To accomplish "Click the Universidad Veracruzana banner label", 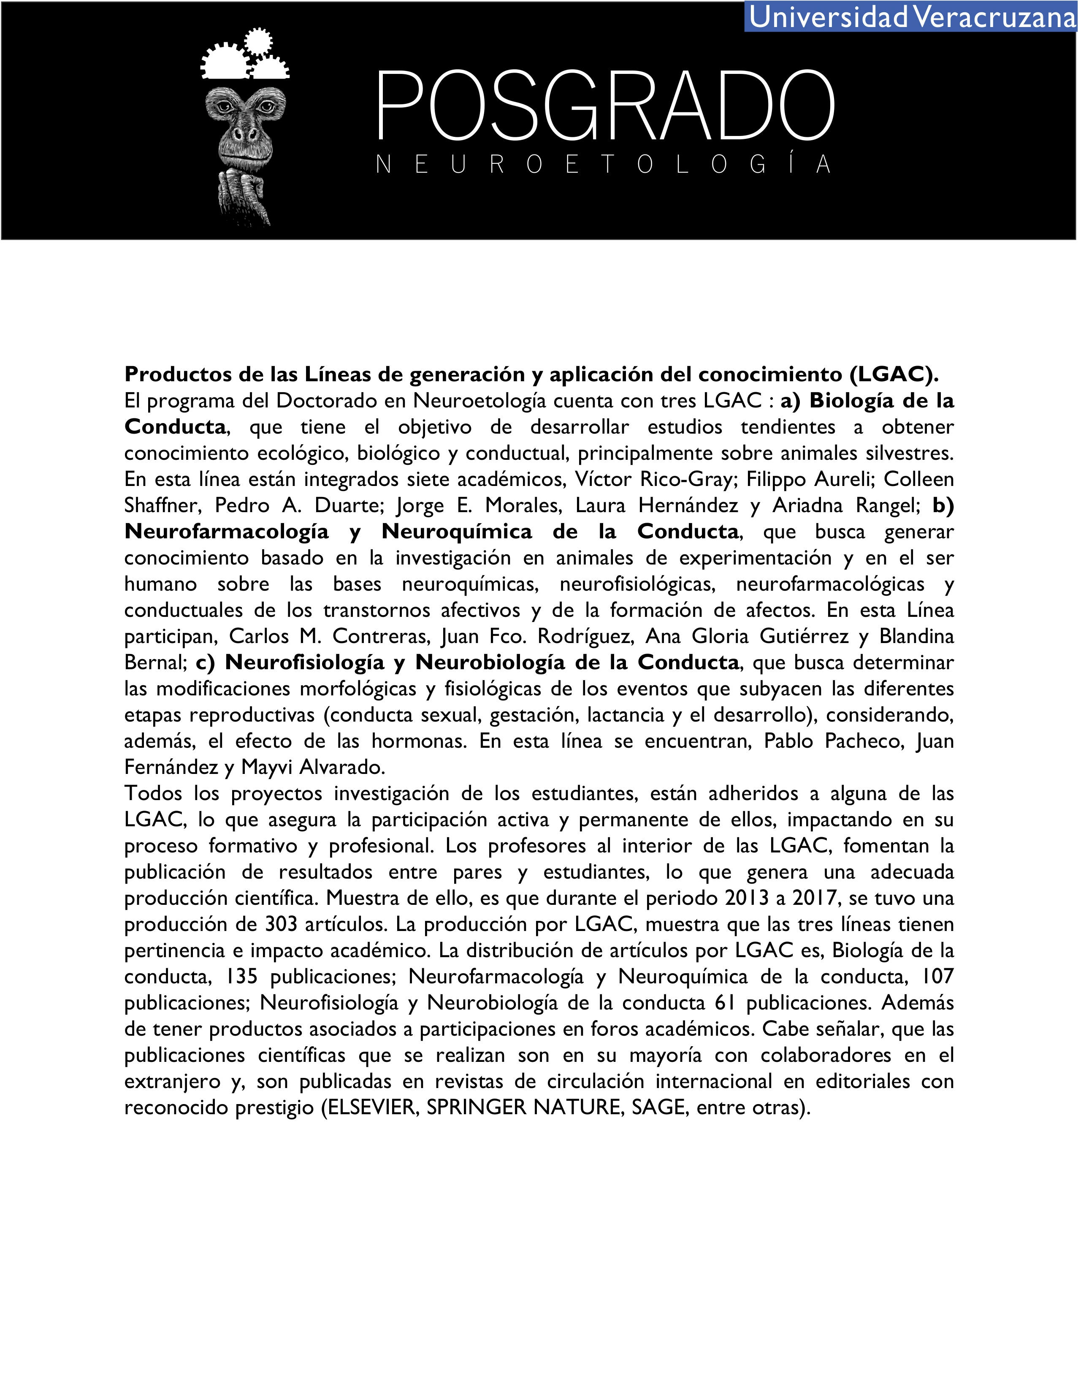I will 911,16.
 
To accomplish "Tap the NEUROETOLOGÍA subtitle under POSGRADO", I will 603,165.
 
